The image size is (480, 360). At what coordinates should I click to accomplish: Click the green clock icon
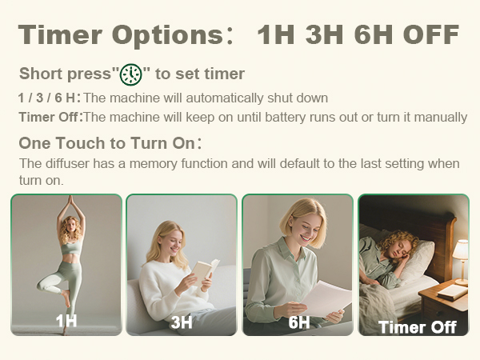[x=131, y=74]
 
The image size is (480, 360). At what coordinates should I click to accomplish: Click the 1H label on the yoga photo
[x=66, y=322]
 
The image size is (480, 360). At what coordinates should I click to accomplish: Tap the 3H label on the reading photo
[x=182, y=322]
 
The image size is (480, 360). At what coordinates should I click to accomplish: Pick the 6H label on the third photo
[x=298, y=322]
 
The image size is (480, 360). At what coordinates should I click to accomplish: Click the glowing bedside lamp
[x=461, y=251]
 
